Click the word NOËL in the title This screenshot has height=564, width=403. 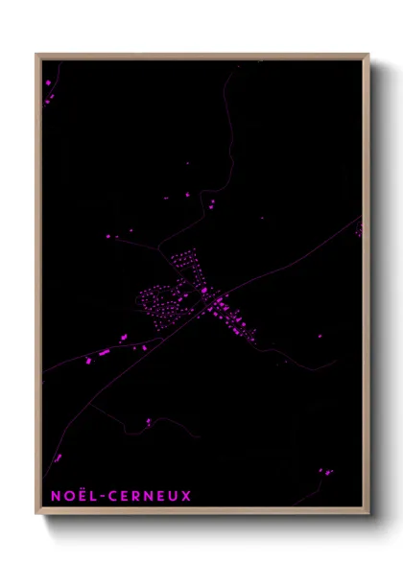[72, 496]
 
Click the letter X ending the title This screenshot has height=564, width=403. [187, 496]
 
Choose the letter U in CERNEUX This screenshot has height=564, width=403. [174, 496]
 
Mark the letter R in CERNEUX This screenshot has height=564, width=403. [137, 496]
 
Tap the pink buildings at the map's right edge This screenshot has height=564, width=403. [359, 230]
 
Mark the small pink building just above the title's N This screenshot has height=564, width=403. [58, 458]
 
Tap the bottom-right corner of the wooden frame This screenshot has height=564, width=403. [367, 512]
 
